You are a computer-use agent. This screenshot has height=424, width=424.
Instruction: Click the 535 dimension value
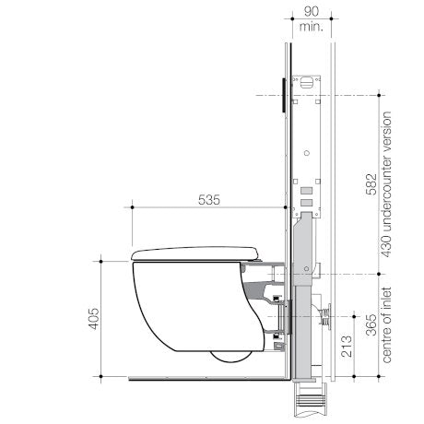pyautogui.click(x=209, y=200)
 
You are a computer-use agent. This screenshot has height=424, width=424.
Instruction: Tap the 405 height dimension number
pyautogui.click(x=94, y=319)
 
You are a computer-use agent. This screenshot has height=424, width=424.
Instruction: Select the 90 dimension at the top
pyautogui.click(x=312, y=12)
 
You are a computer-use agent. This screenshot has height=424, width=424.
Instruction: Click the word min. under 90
pyautogui.click(x=312, y=27)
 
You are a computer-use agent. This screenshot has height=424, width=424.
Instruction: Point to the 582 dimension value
pyautogui.click(x=371, y=184)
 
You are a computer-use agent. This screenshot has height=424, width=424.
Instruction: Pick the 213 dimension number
pyautogui.click(x=347, y=346)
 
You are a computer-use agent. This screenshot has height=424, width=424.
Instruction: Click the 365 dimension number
pyautogui.click(x=371, y=324)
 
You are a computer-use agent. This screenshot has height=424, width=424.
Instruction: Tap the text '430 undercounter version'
pyautogui.click(x=386, y=184)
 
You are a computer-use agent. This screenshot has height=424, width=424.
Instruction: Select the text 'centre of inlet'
pyautogui.click(x=386, y=325)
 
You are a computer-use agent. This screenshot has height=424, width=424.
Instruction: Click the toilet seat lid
pyautogui.click(x=194, y=253)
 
